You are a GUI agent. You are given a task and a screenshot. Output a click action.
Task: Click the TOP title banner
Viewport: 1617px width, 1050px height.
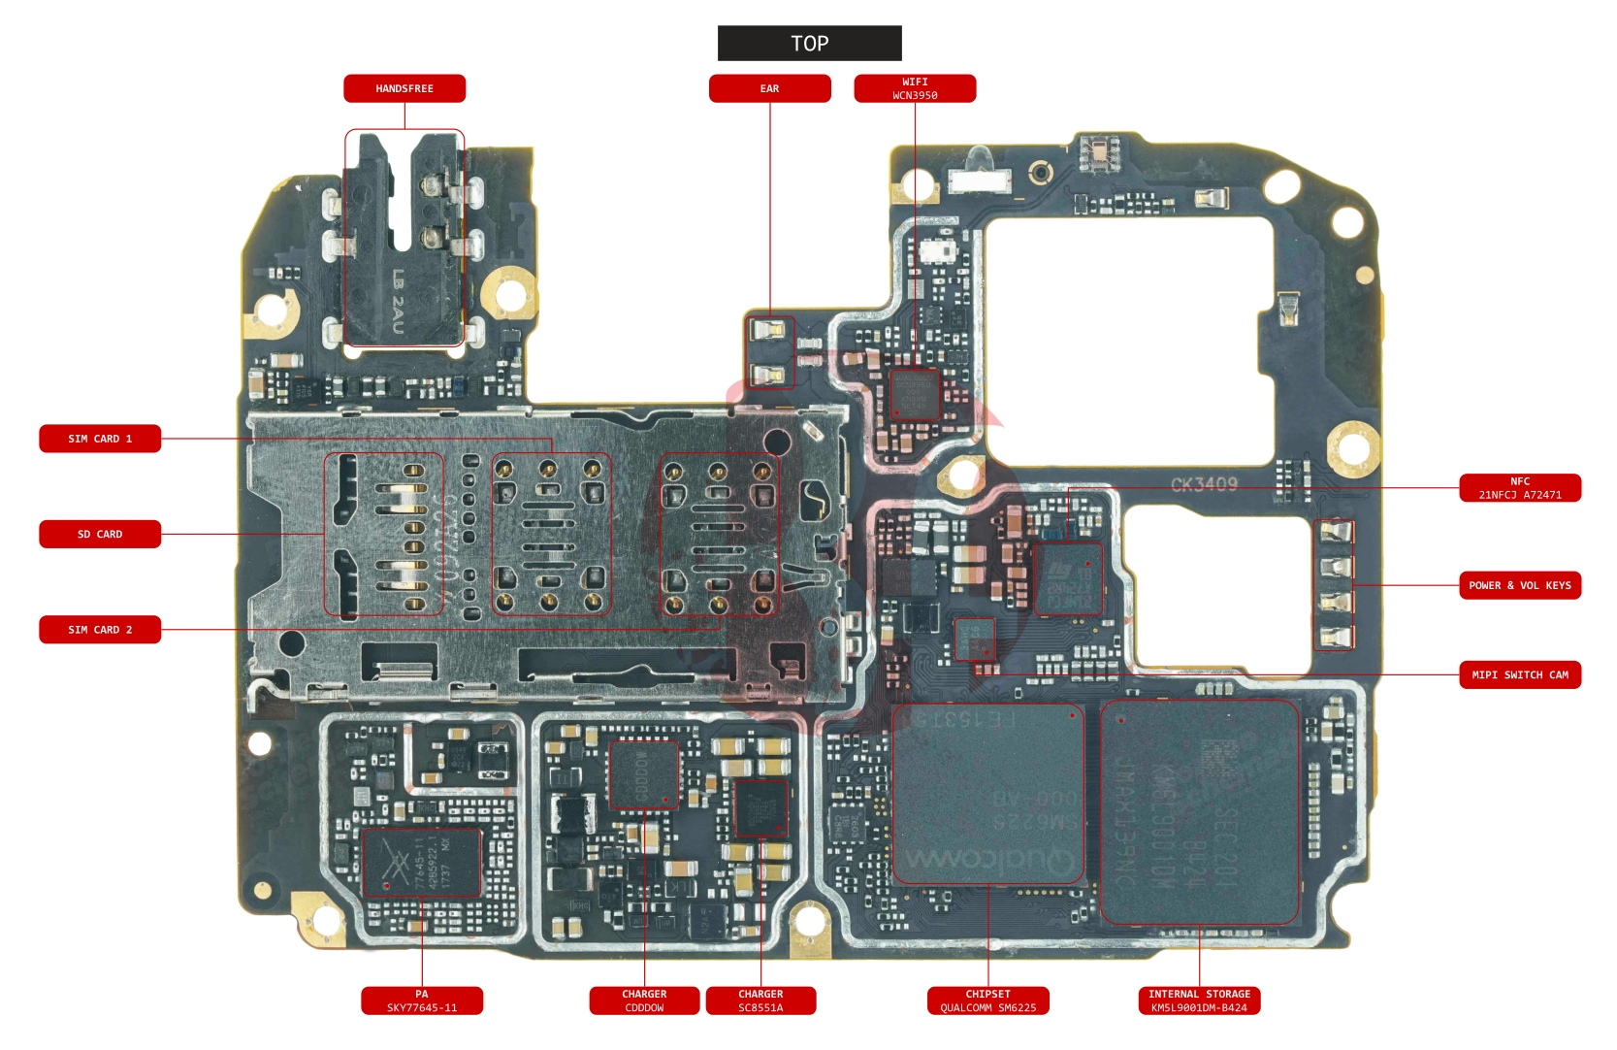[x=809, y=44]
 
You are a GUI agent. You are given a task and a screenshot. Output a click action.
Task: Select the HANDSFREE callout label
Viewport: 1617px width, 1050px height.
[x=404, y=88]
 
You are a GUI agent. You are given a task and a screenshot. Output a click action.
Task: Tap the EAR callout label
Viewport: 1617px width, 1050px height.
[x=769, y=88]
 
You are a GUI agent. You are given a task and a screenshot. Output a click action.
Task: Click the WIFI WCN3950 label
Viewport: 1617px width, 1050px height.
[x=915, y=88]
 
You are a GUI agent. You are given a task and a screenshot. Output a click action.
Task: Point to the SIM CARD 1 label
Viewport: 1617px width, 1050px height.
[x=100, y=439]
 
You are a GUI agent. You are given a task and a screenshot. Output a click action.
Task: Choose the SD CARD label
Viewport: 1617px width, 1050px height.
[x=100, y=534]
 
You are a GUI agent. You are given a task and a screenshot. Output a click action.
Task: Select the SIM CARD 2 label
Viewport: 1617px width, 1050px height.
[x=100, y=630]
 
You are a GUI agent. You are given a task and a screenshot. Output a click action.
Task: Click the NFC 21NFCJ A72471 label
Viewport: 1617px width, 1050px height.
[x=1520, y=488]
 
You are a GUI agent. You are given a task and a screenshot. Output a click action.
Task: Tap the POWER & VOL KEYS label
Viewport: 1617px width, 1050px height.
[x=1520, y=585]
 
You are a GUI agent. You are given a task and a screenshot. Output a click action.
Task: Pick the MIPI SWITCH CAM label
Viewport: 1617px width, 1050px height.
[x=1520, y=674]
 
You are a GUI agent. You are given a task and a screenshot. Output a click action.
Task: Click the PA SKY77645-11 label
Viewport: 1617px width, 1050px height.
[x=422, y=1001]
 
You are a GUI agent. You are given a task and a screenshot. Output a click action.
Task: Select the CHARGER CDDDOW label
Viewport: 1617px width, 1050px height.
[x=644, y=1001]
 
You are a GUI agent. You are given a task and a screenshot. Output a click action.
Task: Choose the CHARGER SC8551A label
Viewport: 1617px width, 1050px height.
[x=760, y=1001]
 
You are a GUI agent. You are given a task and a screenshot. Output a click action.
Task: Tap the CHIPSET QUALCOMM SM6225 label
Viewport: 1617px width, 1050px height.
[x=987, y=1001]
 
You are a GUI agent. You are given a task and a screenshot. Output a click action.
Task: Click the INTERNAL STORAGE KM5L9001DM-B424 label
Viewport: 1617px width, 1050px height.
[x=1199, y=1001]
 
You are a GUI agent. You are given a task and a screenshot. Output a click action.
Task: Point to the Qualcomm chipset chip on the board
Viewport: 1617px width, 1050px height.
[x=987, y=794]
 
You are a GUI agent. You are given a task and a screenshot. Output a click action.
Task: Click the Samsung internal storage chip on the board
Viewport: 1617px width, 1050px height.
[x=1199, y=811]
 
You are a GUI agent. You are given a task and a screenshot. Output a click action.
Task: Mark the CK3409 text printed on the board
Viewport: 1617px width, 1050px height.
[x=1204, y=484]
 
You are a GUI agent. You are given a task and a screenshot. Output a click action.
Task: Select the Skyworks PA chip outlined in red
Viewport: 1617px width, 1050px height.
[x=421, y=862]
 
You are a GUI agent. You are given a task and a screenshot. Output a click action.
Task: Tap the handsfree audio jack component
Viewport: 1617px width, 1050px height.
[x=404, y=239]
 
